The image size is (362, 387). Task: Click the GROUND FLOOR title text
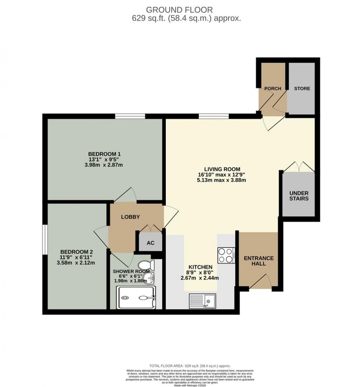[x=181, y=10]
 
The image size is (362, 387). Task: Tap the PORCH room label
[x=273, y=88]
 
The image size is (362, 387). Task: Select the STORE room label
[x=302, y=88]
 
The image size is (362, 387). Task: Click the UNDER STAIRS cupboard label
[x=299, y=196]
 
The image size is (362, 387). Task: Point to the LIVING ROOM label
[x=222, y=169]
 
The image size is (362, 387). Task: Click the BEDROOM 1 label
[x=105, y=154]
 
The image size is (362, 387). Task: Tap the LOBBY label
[x=131, y=217]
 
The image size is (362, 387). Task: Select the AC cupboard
[x=150, y=243]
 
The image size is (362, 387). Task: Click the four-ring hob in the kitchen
[x=226, y=255]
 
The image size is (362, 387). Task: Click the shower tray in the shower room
[x=136, y=298]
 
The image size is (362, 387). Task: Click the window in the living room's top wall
[x=213, y=116]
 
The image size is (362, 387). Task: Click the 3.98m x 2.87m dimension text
[x=105, y=165]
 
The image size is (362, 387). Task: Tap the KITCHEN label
[x=201, y=267]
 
